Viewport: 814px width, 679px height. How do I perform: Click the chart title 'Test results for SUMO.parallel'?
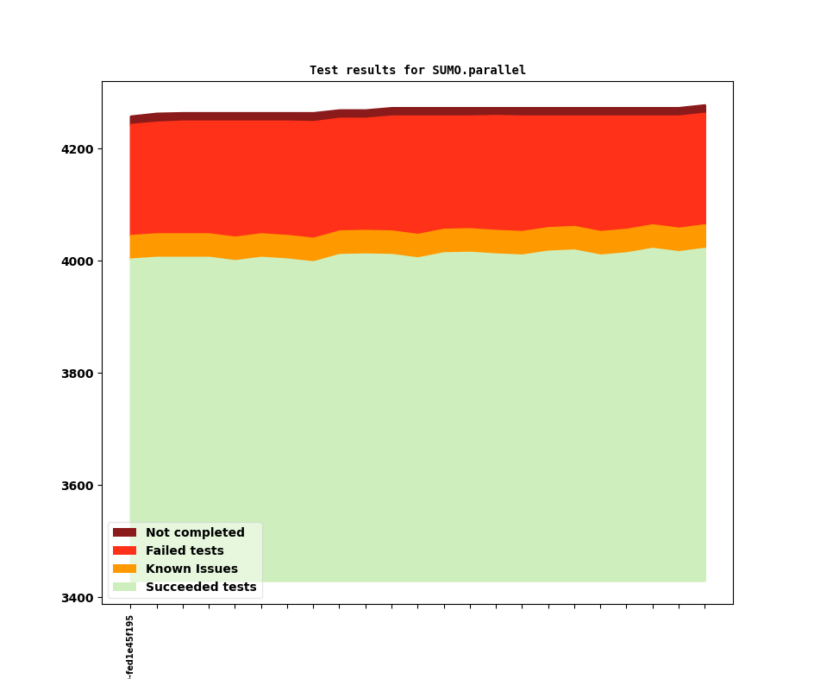point(417,70)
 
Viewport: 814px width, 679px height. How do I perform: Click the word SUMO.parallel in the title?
point(479,70)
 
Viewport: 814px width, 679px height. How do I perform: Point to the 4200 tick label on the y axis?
point(78,149)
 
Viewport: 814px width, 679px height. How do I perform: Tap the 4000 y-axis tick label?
point(78,261)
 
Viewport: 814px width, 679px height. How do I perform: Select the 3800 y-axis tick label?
point(78,374)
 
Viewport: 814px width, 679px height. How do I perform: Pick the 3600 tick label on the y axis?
point(78,486)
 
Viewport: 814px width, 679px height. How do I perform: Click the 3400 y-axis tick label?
point(78,598)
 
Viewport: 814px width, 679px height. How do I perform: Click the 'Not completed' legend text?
point(195,532)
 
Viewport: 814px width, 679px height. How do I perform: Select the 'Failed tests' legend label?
point(185,550)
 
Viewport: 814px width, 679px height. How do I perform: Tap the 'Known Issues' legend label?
point(191,569)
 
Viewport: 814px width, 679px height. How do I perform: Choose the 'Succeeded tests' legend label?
point(201,587)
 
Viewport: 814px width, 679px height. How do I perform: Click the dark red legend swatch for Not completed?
point(124,532)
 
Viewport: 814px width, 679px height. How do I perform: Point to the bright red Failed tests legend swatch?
point(124,550)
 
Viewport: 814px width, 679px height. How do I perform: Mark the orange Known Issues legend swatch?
point(124,569)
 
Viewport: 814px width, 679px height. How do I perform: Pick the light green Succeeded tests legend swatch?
point(124,587)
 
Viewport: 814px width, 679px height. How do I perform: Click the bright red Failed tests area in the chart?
point(418,174)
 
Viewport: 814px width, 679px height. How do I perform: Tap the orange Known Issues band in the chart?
point(418,244)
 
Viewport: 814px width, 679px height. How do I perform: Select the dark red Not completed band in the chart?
point(418,111)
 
